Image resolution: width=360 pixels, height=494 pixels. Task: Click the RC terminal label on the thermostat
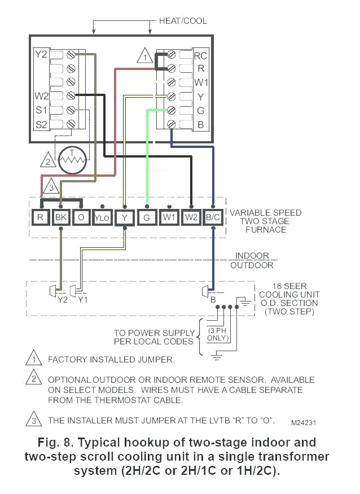[x=200, y=56]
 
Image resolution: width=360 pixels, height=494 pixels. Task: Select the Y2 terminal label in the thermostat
[x=41, y=55]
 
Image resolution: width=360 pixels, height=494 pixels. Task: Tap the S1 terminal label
[x=41, y=110]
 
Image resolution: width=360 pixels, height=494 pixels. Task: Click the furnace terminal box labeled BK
[x=60, y=216]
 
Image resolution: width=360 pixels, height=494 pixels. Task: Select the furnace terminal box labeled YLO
[x=102, y=216]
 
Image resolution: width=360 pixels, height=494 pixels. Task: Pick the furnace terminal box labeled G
[x=147, y=216]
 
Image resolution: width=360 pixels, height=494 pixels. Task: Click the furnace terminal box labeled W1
[x=169, y=216]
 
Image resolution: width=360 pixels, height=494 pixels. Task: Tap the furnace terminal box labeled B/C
[x=213, y=216]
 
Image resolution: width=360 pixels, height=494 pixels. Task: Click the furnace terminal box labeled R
[x=40, y=216]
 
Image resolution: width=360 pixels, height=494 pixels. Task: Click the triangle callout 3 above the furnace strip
[x=50, y=186]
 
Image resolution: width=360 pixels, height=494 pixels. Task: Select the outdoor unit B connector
[x=207, y=291]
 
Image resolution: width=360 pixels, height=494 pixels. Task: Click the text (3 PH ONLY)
[x=218, y=334]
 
